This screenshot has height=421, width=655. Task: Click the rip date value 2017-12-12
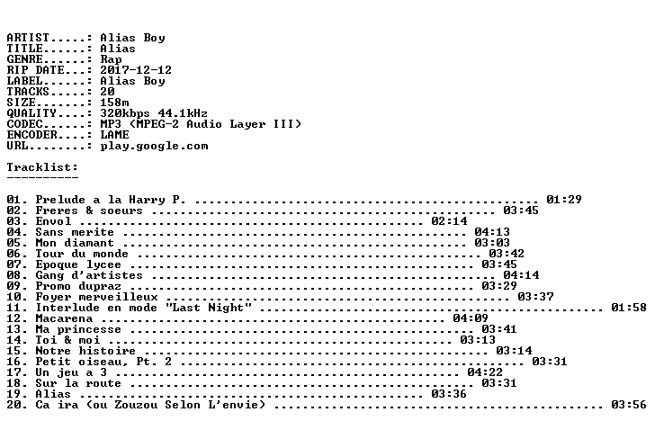click(136, 70)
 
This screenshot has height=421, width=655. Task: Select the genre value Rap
click(111, 59)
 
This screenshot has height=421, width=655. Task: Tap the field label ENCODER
click(31, 135)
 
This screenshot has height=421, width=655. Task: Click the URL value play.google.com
click(154, 146)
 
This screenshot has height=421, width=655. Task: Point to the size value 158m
click(114, 103)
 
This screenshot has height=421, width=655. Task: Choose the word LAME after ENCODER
click(114, 135)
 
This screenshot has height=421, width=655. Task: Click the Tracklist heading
click(42, 167)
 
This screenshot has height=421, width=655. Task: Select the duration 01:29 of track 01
click(564, 200)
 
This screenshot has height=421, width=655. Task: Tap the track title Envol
click(53, 221)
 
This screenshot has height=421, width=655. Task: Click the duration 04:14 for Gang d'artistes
click(521, 275)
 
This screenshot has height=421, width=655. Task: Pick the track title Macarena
click(64, 318)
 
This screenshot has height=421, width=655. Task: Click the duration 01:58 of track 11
click(629, 308)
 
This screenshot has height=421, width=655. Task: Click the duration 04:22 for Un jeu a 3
click(485, 372)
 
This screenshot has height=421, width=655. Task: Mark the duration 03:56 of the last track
click(629, 405)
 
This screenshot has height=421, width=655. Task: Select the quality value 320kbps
click(125, 113)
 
